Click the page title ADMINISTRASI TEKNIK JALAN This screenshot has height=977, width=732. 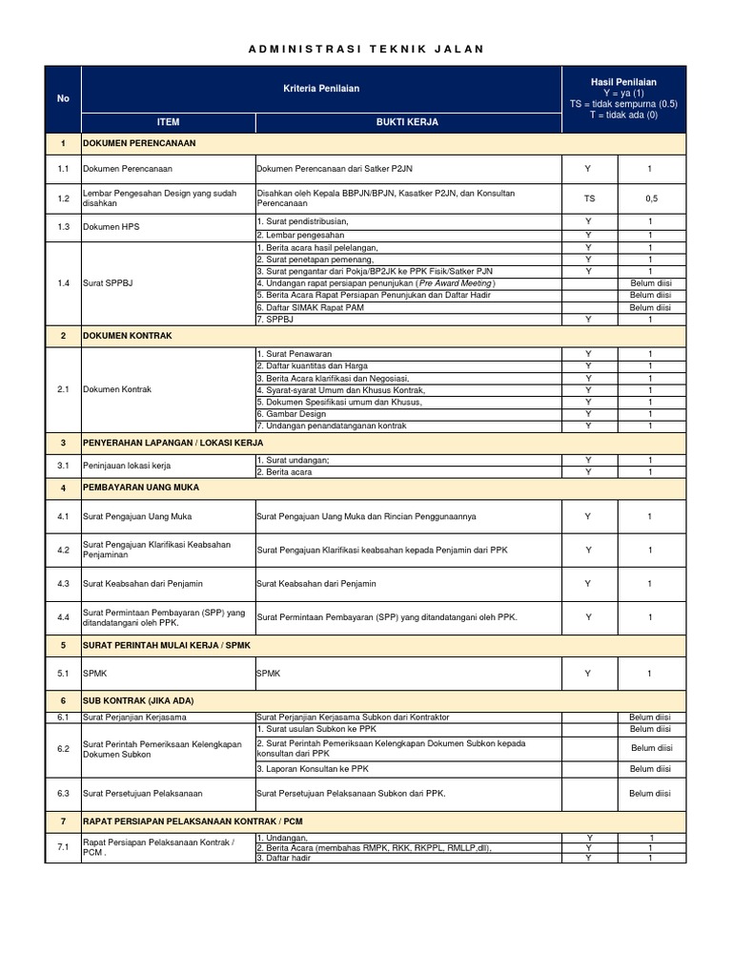pos(366,49)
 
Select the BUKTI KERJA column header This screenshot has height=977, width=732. pos(408,122)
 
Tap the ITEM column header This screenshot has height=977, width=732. pos(168,122)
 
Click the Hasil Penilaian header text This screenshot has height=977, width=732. pos(623,83)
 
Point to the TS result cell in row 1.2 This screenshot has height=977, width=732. pos(588,197)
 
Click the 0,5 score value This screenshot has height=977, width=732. pos(650,197)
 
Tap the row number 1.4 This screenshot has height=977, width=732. pos(63,283)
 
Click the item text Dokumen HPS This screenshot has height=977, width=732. pos(110,228)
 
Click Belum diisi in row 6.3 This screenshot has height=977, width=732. pos(650,793)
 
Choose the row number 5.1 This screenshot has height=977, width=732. pos(63,674)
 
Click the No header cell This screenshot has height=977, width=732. pos(63,99)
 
